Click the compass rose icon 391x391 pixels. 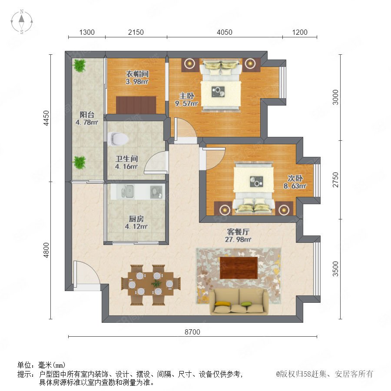point(22,21)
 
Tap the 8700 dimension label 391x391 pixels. point(192,332)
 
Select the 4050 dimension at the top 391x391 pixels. point(225,32)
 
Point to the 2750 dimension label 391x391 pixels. point(336,179)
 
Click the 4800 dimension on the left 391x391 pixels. point(46,250)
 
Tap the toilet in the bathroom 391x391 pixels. point(118,139)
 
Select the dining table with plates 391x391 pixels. point(151,284)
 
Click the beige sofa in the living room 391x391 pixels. point(239,302)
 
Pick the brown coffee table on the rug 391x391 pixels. point(239,268)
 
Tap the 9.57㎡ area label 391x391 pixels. point(186,103)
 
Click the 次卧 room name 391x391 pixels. point(295,178)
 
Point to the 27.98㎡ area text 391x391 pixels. point(238,240)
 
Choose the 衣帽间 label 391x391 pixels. point(137,74)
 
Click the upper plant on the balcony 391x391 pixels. point(79,65)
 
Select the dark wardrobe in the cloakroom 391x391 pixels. point(136,105)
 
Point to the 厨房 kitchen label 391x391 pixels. point(136,219)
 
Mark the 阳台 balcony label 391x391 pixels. point(87,115)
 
